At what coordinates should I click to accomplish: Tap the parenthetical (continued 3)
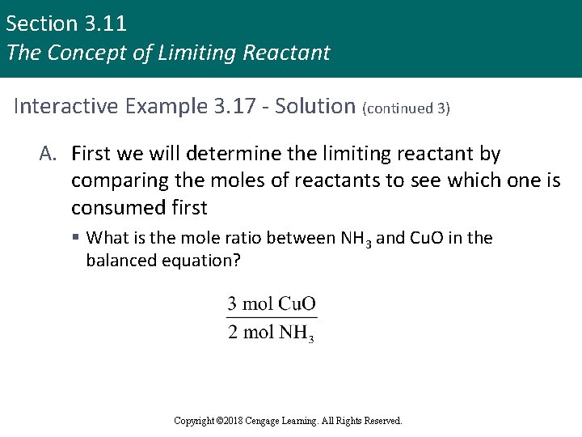(x=407, y=108)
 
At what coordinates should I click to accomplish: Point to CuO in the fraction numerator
(x=297, y=304)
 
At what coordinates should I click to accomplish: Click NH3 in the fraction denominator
(x=297, y=333)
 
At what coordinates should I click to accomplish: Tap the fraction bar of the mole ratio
(x=272, y=318)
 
